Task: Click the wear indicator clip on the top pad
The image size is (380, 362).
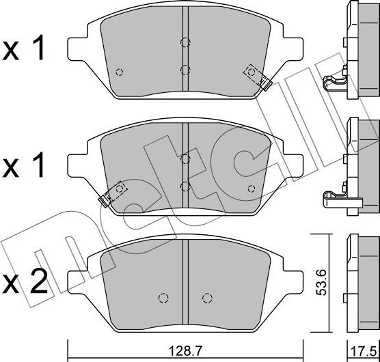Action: pyautogui.click(x=258, y=76)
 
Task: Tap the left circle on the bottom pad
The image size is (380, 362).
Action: pyautogui.click(x=163, y=297)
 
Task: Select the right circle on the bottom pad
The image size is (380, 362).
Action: pyautogui.click(x=207, y=297)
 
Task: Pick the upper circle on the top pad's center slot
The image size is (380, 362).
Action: pyautogui.click(x=185, y=42)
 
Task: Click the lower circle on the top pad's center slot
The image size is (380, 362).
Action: pyautogui.click(x=185, y=68)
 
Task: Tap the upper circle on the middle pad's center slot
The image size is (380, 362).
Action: pyautogui.click(x=185, y=159)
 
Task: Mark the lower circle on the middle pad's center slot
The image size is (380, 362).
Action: pyautogui.click(x=185, y=185)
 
